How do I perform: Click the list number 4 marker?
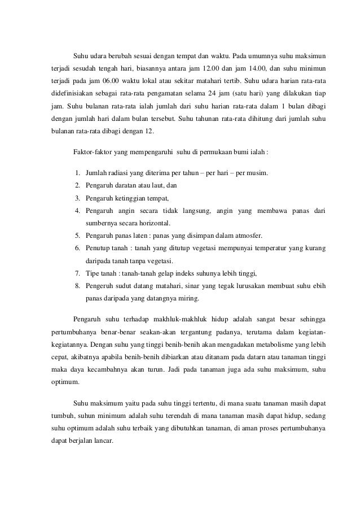(77, 211)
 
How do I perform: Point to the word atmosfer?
(247, 236)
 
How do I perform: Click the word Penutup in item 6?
(96, 249)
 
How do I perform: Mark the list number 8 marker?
(77, 287)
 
